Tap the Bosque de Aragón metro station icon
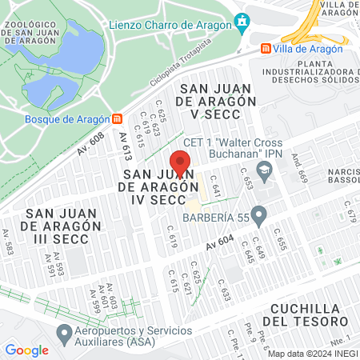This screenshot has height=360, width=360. pyautogui.click(x=118, y=119)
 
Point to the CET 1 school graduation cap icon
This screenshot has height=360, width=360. pyautogui.click(x=264, y=170)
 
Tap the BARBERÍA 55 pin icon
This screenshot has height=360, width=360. pyautogui.click(x=258, y=214)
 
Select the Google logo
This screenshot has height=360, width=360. pyautogui.click(x=26, y=350)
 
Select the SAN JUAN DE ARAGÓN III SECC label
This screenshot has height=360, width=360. pyautogui.click(x=64, y=226)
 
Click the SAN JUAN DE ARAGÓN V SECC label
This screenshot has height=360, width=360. pyautogui.click(x=218, y=102)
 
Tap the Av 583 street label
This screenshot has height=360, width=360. pyautogui.click(x=8, y=248)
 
